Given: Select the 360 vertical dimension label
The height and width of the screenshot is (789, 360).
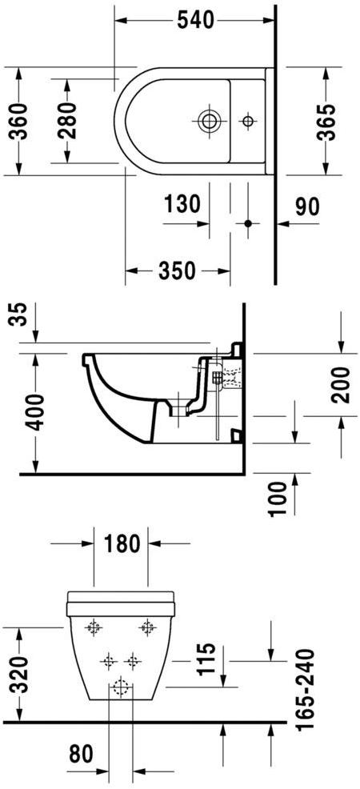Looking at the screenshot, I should point(18,121).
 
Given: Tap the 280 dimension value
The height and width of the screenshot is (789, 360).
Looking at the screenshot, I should point(67,121).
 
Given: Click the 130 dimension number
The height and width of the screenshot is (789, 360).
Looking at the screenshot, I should point(182,205).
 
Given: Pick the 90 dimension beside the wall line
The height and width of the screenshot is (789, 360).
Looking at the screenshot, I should point(306,206).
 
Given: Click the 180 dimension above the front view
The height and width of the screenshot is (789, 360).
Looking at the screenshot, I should point(122,544).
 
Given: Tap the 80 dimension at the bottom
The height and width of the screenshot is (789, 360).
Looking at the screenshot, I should point(82,754).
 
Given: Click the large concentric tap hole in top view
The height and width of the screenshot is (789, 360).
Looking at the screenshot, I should point(209,122).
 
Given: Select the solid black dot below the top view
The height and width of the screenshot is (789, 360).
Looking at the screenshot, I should point(247,223).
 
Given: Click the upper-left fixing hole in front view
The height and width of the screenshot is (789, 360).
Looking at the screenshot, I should point(94,628).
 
